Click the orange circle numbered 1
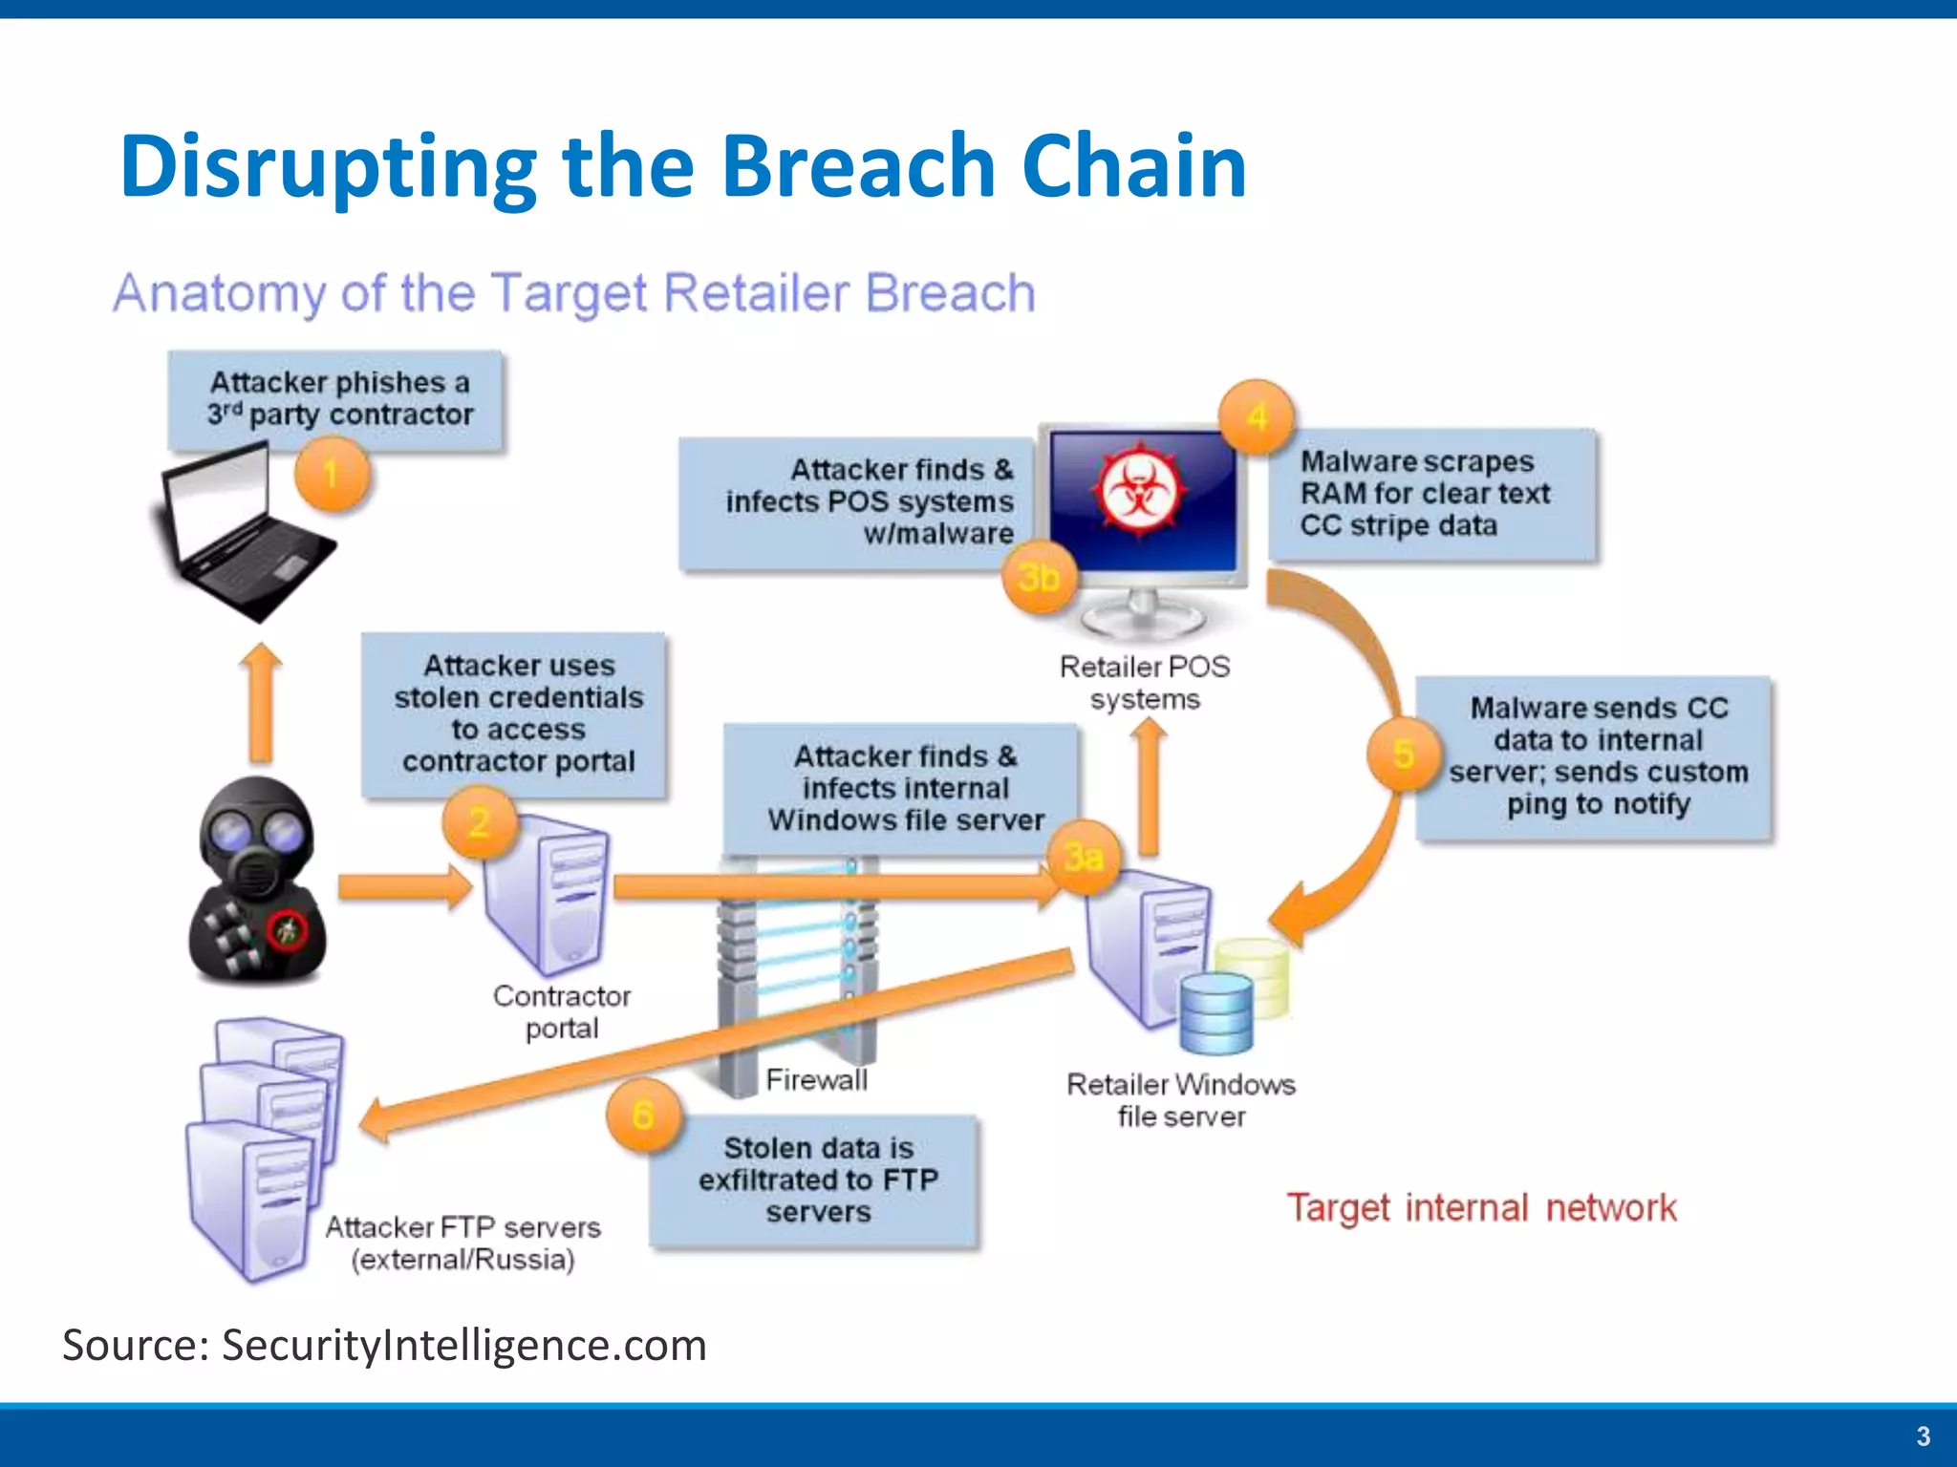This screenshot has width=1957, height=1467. point(331,474)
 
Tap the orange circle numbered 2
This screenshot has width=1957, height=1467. point(480,821)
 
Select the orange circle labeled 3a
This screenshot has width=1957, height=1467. point(1084,857)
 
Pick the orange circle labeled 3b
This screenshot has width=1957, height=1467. point(1039,577)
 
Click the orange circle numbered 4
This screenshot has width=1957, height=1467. point(1257,417)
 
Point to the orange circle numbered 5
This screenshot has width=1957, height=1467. point(1403,755)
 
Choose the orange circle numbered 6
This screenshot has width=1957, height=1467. point(643,1115)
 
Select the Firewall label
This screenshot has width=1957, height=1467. point(816,1080)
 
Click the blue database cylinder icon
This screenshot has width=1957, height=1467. point(1215,1013)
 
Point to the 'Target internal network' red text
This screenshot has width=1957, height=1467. point(1480,1208)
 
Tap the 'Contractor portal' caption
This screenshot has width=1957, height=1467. point(562,1011)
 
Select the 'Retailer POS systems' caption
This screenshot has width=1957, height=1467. point(1145,682)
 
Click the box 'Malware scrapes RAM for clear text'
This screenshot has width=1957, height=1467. point(1431,494)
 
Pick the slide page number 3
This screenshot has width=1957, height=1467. point(1923,1436)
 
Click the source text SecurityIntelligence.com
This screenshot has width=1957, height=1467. point(464,1345)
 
